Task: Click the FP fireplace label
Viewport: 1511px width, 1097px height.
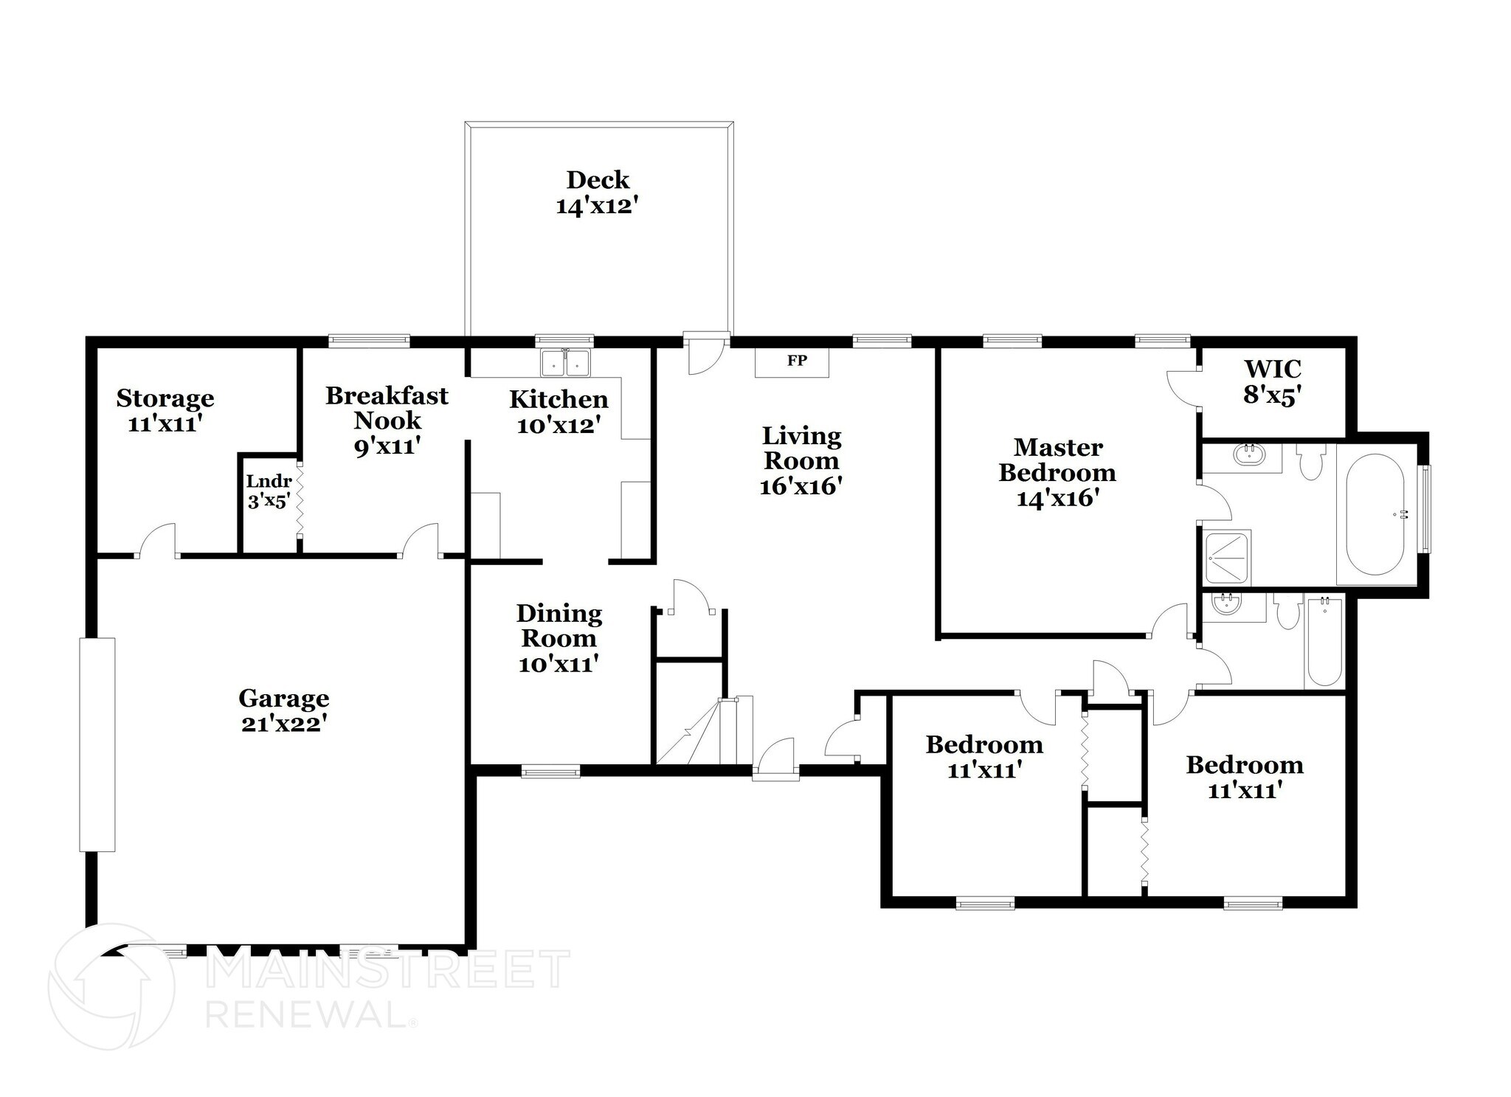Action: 796,361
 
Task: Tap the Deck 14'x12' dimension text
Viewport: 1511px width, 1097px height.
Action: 596,206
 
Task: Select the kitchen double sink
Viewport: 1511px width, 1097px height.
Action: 565,363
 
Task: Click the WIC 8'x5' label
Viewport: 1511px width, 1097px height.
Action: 1272,381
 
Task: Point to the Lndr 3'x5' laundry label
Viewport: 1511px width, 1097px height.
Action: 269,491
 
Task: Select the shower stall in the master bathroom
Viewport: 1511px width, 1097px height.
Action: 1226,557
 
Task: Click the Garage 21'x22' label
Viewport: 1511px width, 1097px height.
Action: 284,710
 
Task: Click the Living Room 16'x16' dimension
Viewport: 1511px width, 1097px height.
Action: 801,486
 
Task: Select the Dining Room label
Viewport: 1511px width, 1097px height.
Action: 559,626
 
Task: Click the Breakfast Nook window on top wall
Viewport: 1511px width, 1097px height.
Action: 368,340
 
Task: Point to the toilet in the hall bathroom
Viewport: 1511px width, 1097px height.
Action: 1288,612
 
